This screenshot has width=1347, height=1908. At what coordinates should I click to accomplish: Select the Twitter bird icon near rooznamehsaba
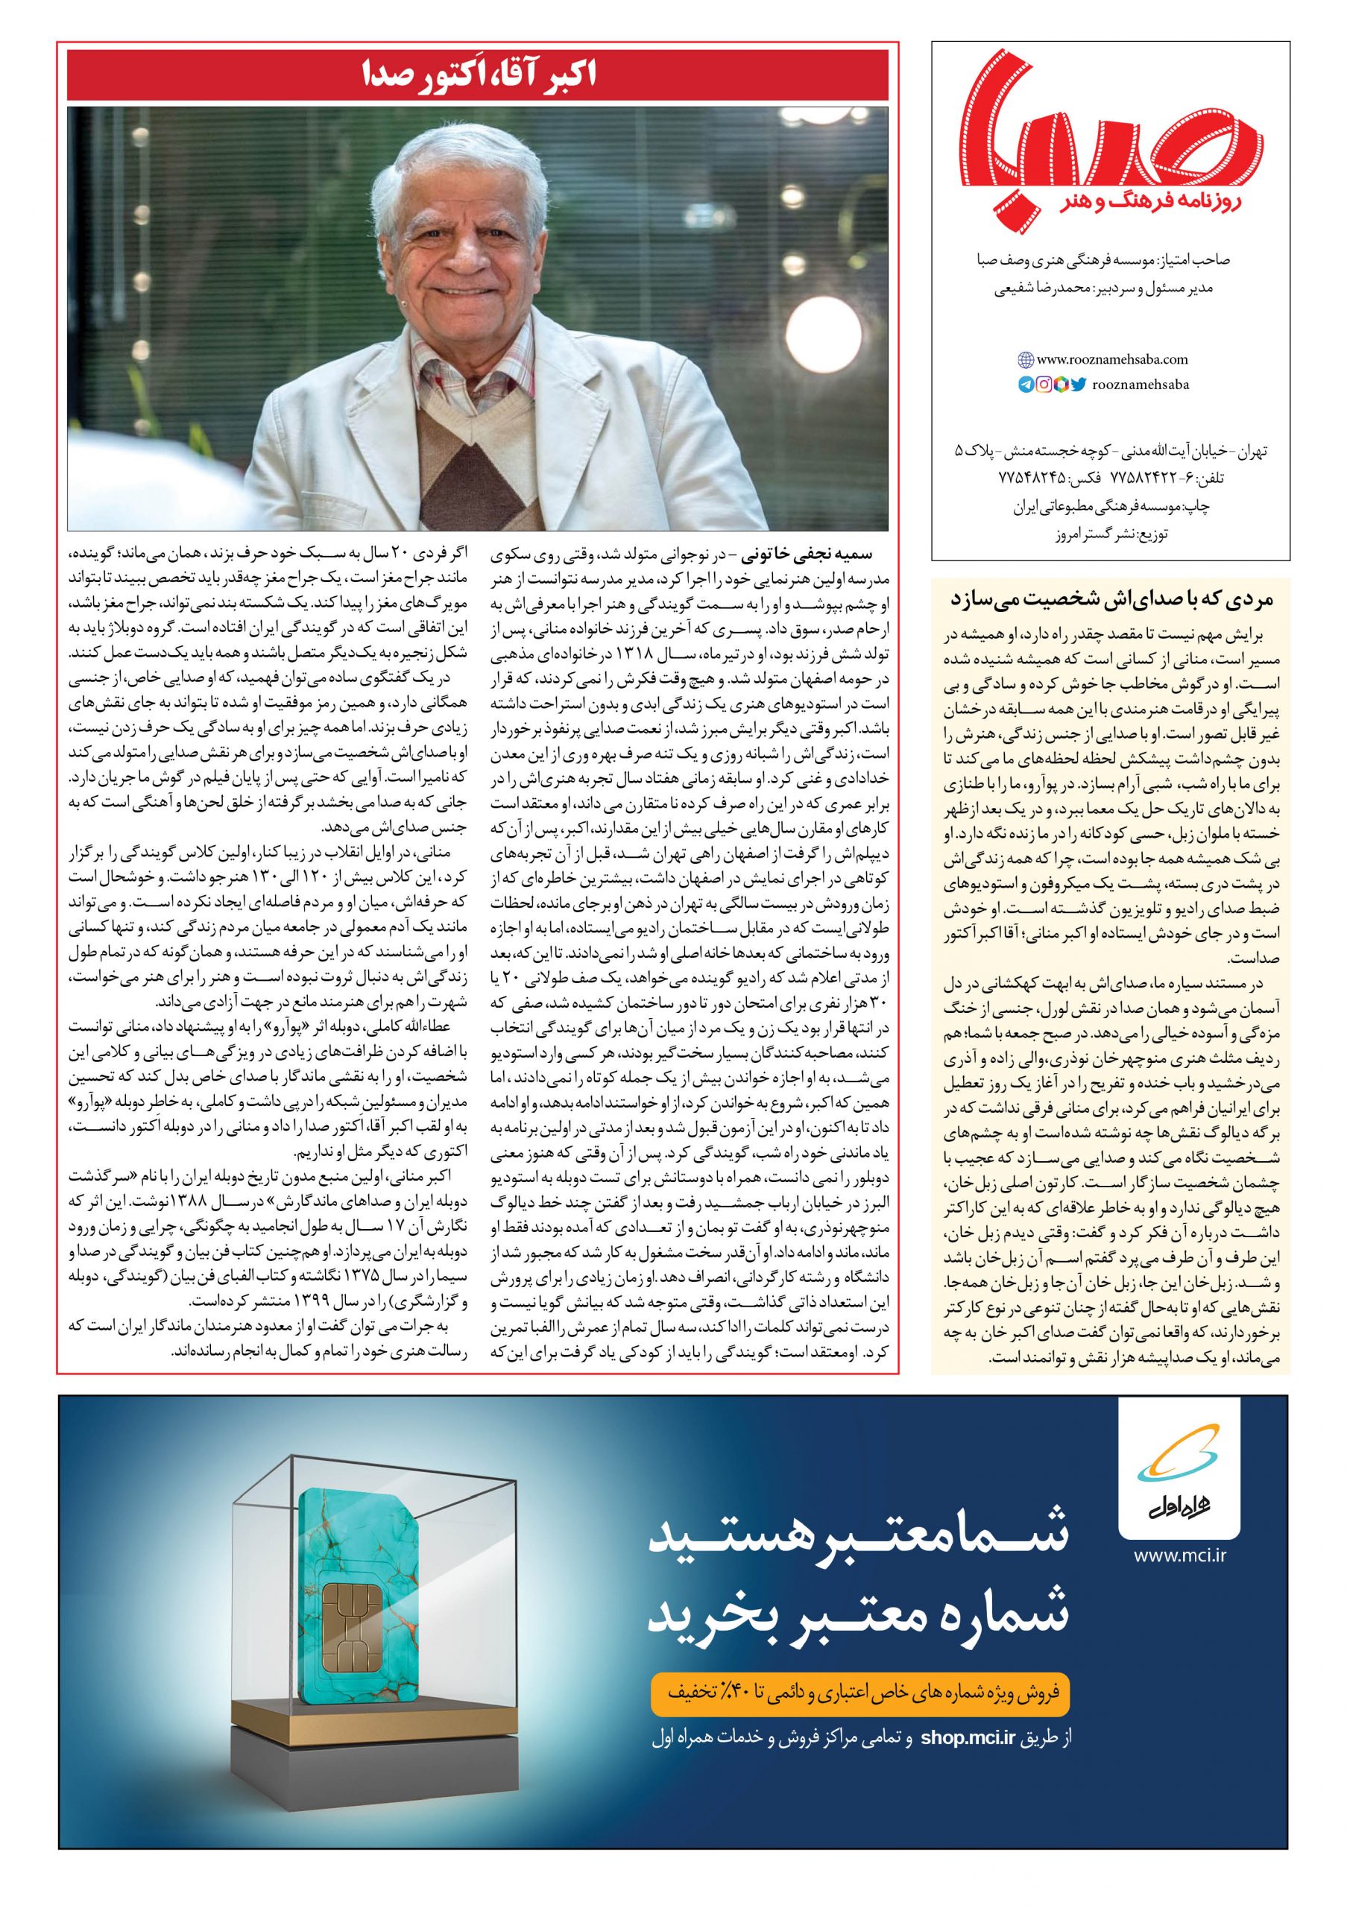[1079, 384]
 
